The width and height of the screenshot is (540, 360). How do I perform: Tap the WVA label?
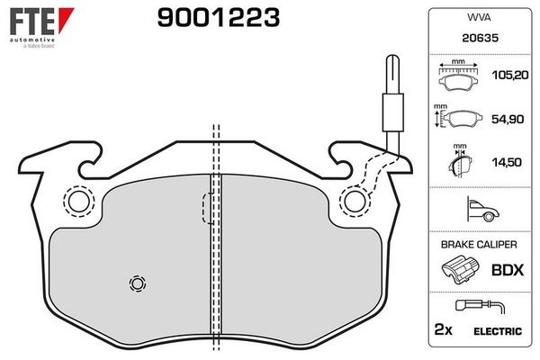tap(476, 17)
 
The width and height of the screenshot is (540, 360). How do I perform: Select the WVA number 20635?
tap(476, 38)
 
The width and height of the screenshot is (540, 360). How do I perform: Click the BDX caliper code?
tap(507, 268)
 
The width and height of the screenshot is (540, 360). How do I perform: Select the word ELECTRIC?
tap(499, 330)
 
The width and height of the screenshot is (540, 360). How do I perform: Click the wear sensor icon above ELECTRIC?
tap(476, 306)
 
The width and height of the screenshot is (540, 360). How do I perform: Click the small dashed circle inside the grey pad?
tap(137, 283)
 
